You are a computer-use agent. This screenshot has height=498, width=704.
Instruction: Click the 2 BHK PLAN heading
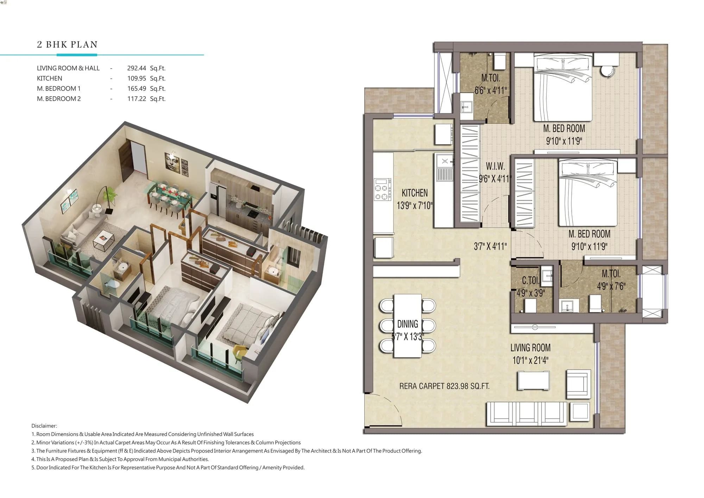tap(67, 45)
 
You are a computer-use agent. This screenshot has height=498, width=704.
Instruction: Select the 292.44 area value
tap(137, 68)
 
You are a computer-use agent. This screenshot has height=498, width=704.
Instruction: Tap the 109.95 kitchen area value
tap(137, 79)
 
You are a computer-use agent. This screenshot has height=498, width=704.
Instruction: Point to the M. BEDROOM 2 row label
tap(59, 99)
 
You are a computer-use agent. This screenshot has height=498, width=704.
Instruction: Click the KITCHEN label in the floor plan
tap(415, 193)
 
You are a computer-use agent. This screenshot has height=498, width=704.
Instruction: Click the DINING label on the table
tap(408, 324)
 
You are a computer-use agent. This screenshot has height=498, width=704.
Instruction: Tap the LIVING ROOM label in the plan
tap(530, 348)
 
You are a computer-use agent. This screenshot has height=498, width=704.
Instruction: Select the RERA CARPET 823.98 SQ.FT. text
tap(444, 386)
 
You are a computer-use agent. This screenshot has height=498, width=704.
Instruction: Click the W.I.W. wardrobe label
tap(495, 166)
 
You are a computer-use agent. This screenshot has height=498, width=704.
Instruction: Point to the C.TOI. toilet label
tap(530, 281)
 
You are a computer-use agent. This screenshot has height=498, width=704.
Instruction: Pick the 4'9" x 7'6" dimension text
tap(611, 286)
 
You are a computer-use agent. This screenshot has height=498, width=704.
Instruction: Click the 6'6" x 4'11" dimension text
tap(491, 91)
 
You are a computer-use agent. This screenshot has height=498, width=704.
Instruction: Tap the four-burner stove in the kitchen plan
tap(383, 190)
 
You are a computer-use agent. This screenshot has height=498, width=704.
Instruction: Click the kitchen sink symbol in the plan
tap(445, 161)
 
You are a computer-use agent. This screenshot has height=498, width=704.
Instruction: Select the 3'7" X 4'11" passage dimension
tap(490, 246)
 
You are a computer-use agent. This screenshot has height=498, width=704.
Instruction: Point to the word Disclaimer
tap(44, 426)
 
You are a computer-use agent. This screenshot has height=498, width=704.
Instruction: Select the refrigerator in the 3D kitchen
tap(218, 199)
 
